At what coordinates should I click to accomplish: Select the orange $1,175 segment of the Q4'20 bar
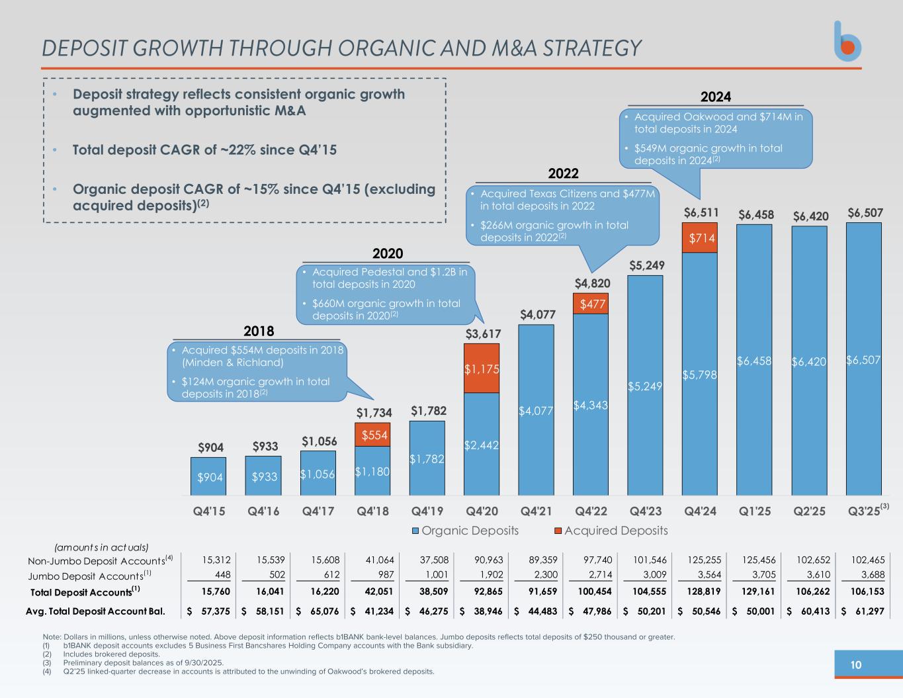click(481, 369)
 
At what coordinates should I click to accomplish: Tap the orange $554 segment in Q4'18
click(372, 435)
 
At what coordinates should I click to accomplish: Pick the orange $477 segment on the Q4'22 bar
click(591, 304)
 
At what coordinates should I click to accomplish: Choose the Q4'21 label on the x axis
click(537, 511)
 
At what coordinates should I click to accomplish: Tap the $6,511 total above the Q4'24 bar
click(701, 214)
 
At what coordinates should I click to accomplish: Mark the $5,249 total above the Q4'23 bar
click(646, 265)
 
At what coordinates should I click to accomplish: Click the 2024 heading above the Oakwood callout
click(716, 97)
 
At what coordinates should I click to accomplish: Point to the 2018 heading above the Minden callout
click(259, 331)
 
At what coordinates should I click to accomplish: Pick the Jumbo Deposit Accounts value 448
click(220, 576)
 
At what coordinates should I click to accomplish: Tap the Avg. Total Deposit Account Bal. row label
click(95, 611)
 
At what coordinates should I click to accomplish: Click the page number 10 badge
click(856, 665)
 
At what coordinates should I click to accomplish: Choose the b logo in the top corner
click(847, 42)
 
